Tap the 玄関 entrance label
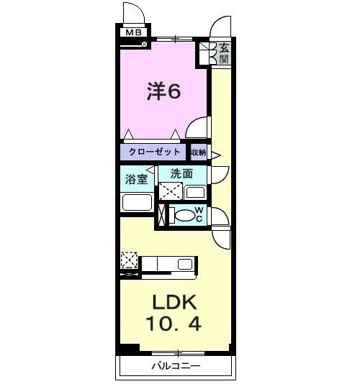point(224,53)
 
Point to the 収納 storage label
point(199,152)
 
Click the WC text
point(199,214)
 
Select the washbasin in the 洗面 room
point(194,192)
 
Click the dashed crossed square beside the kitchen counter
point(129,259)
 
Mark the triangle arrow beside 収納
point(215,152)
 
